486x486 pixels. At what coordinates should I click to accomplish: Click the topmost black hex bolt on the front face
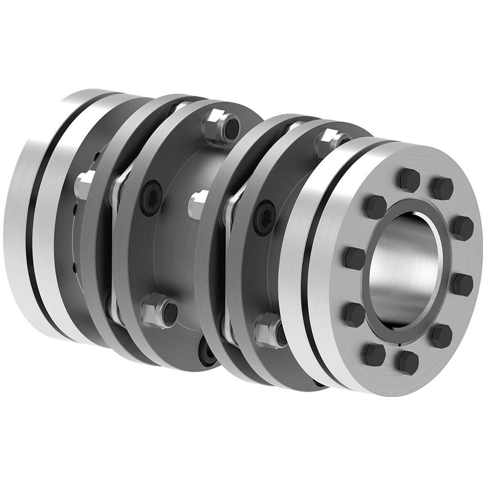coord(409,180)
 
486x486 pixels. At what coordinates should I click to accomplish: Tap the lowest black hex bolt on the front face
coord(407,363)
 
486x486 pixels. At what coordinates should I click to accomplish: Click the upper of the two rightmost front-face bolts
coord(462,227)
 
